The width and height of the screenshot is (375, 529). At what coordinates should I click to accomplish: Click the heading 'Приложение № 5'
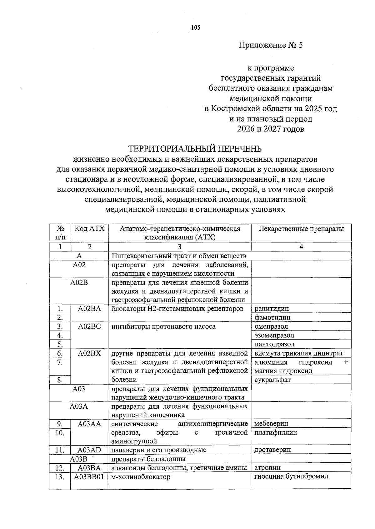[271, 45]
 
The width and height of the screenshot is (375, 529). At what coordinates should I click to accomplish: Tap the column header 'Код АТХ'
[89, 229]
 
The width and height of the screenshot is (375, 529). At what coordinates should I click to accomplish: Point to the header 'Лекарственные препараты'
[301, 229]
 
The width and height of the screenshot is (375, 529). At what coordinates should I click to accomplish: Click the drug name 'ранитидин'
[272, 309]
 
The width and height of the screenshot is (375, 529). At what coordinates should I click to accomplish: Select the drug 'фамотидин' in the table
[272, 317]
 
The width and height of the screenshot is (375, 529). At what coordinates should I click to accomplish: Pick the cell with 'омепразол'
[271, 326]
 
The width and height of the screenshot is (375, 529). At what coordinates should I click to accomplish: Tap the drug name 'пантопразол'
[274, 344]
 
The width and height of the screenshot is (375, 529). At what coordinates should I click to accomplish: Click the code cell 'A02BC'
[89, 326]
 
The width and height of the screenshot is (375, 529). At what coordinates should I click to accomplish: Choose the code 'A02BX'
[89, 353]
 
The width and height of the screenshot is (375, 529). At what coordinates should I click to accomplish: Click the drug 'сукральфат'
[272, 380]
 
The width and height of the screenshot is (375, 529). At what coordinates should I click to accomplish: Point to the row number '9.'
[60, 424]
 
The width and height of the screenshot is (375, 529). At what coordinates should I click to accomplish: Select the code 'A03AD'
[89, 450]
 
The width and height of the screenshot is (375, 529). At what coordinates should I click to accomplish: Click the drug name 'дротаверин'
[272, 450]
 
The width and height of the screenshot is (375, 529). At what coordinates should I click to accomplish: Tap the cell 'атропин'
[267, 468]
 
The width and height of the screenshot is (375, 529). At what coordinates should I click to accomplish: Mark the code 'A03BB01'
[89, 477]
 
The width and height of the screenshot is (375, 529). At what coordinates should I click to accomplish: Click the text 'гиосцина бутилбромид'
[291, 476]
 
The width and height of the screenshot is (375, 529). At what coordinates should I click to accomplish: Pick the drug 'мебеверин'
[271, 424]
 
